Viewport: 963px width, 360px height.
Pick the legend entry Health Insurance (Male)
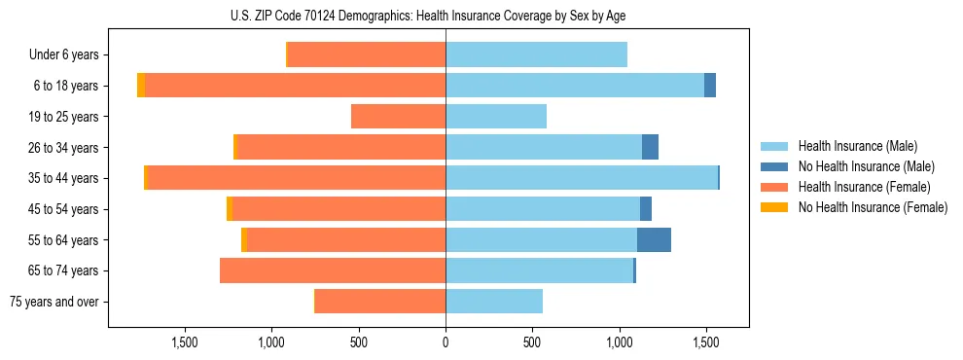(857, 146)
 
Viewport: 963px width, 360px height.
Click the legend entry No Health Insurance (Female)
(872, 207)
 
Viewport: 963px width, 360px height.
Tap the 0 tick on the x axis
(446, 342)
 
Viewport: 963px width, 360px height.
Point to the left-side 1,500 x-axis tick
(185, 342)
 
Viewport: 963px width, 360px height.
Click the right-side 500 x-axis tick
(532, 342)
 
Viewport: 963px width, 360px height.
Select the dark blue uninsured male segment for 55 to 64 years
(654, 240)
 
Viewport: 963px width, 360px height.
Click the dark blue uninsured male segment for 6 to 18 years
(710, 86)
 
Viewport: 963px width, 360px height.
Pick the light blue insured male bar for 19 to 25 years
(496, 117)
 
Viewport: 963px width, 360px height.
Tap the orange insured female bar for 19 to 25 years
(399, 117)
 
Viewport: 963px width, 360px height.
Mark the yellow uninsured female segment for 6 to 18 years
(141, 86)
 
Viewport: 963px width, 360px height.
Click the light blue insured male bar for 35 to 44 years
(582, 178)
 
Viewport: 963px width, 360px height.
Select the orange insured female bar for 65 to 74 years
(333, 270)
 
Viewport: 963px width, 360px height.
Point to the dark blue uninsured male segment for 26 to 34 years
(650, 148)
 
